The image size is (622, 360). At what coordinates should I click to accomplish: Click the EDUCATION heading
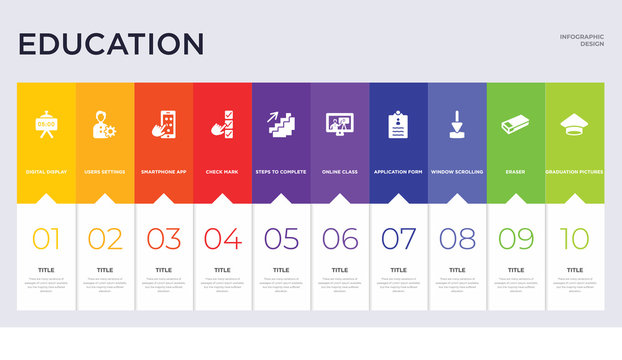coord(111,44)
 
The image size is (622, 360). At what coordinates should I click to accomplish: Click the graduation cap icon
coord(574,124)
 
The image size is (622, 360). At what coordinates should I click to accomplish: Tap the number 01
coord(46,238)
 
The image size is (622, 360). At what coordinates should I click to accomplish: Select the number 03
coord(164,238)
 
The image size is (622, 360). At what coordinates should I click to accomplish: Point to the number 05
coord(281,238)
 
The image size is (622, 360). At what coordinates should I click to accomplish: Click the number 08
coord(457,238)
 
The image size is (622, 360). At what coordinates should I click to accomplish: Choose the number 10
coord(574,238)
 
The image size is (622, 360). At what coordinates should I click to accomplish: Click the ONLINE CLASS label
coord(340,172)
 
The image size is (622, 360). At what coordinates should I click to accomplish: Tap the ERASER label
coord(516,172)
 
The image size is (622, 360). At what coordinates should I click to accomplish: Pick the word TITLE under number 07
coord(398,270)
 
